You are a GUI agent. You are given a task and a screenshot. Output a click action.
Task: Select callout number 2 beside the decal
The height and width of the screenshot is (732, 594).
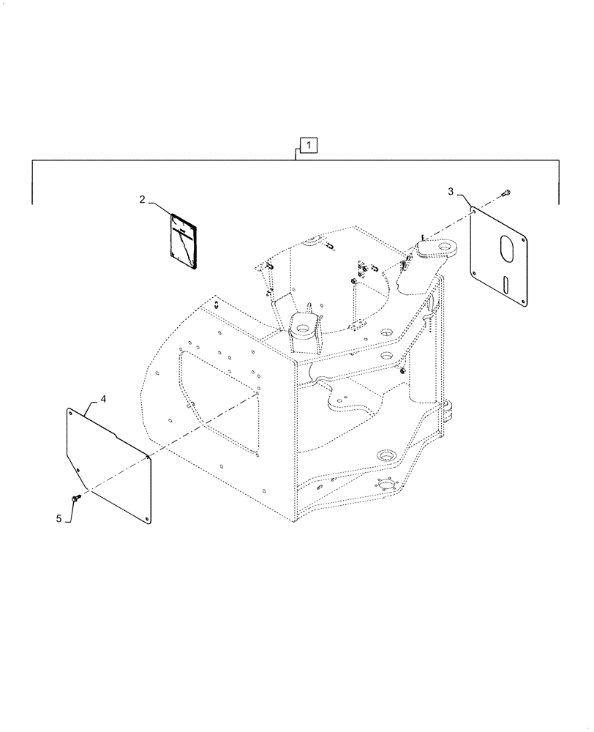143,199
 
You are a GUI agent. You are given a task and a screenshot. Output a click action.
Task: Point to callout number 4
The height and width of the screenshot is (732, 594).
103,399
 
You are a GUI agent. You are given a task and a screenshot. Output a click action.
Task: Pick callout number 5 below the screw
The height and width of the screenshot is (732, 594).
59,518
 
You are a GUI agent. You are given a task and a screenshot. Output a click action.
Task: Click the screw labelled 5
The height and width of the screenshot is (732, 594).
75,498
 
